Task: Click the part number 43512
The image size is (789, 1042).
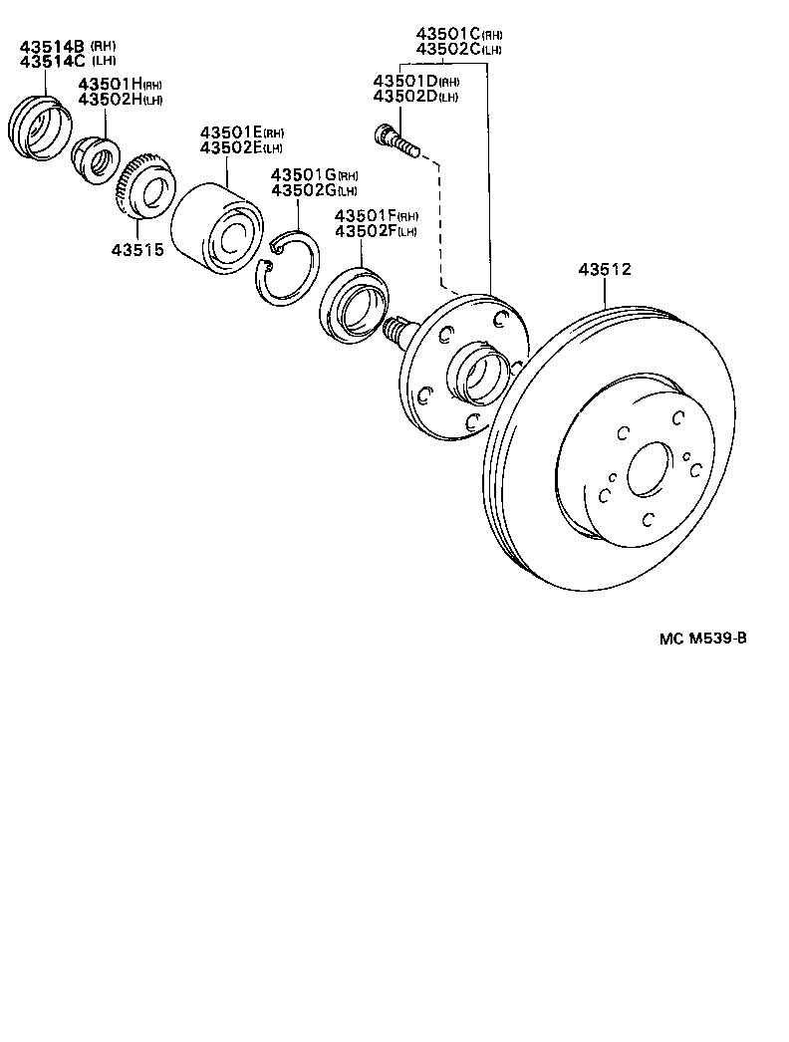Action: (606, 269)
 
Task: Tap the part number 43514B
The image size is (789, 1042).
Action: (51, 46)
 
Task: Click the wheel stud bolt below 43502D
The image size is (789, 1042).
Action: (396, 140)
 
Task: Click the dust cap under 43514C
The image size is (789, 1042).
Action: (40, 127)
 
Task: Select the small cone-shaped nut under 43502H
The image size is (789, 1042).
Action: (96, 159)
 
